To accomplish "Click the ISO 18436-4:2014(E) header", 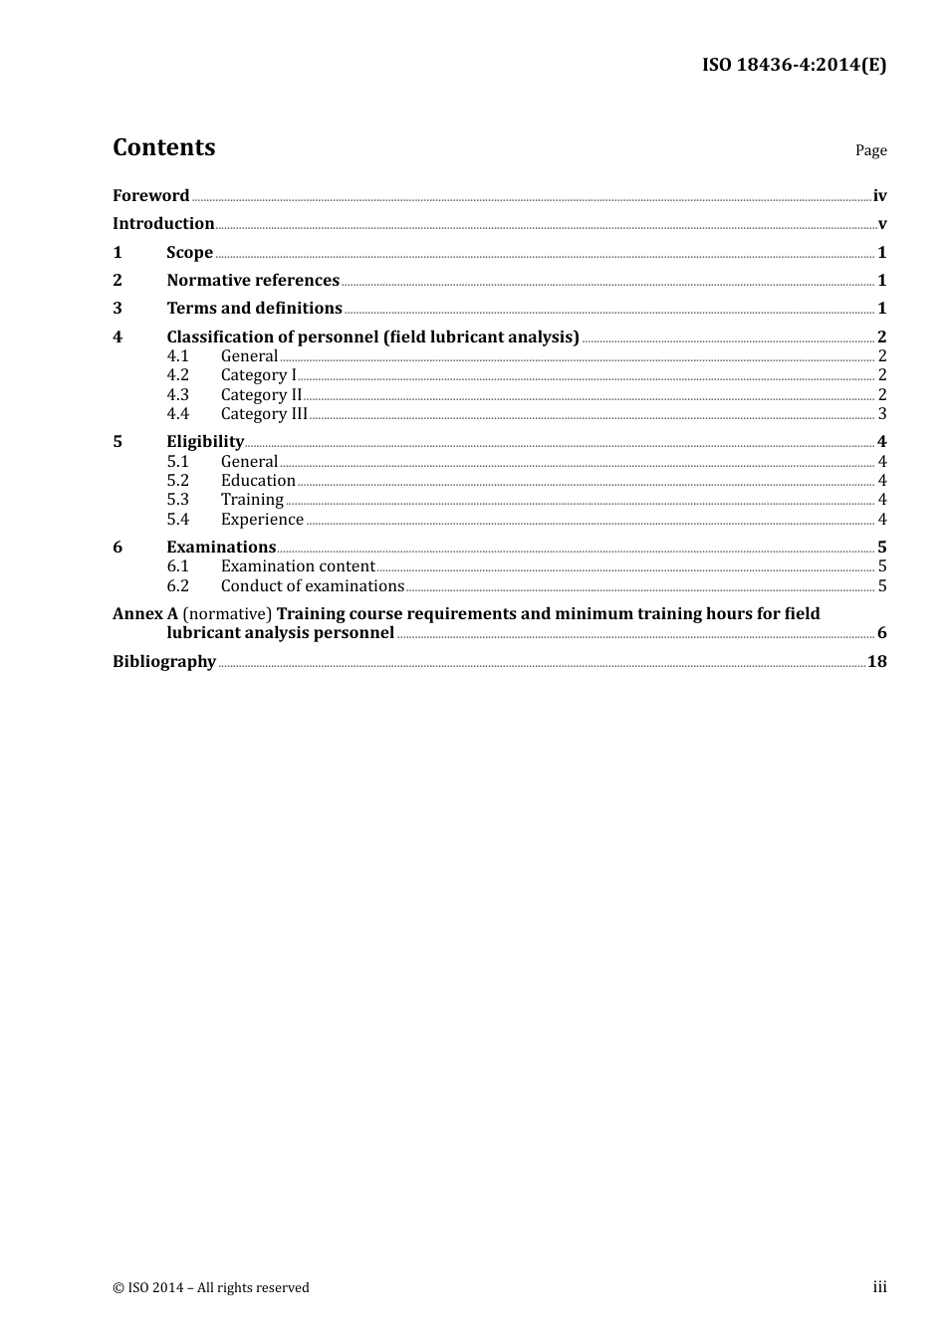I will point(794,65).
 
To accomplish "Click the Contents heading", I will point(164,147).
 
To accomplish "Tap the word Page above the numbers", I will point(870,150).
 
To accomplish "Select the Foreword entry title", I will point(150,195).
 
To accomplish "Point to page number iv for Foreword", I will point(879,196).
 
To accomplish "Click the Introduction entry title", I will point(163,223).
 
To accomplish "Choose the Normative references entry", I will point(253,280).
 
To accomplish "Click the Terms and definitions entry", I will point(254,308).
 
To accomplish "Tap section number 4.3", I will point(177,394).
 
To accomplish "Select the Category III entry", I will point(264,413).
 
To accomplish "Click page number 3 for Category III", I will point(881,414).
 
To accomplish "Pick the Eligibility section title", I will point(205,441).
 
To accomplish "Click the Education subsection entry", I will point(258,480).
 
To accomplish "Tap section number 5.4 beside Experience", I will point(177,519).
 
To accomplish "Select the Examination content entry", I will point(298,565).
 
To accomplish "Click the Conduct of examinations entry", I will point(313,585).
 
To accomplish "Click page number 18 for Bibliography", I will point(876,661).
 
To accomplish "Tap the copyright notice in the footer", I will point(211,1287).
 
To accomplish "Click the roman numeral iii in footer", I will point(879,1287).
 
